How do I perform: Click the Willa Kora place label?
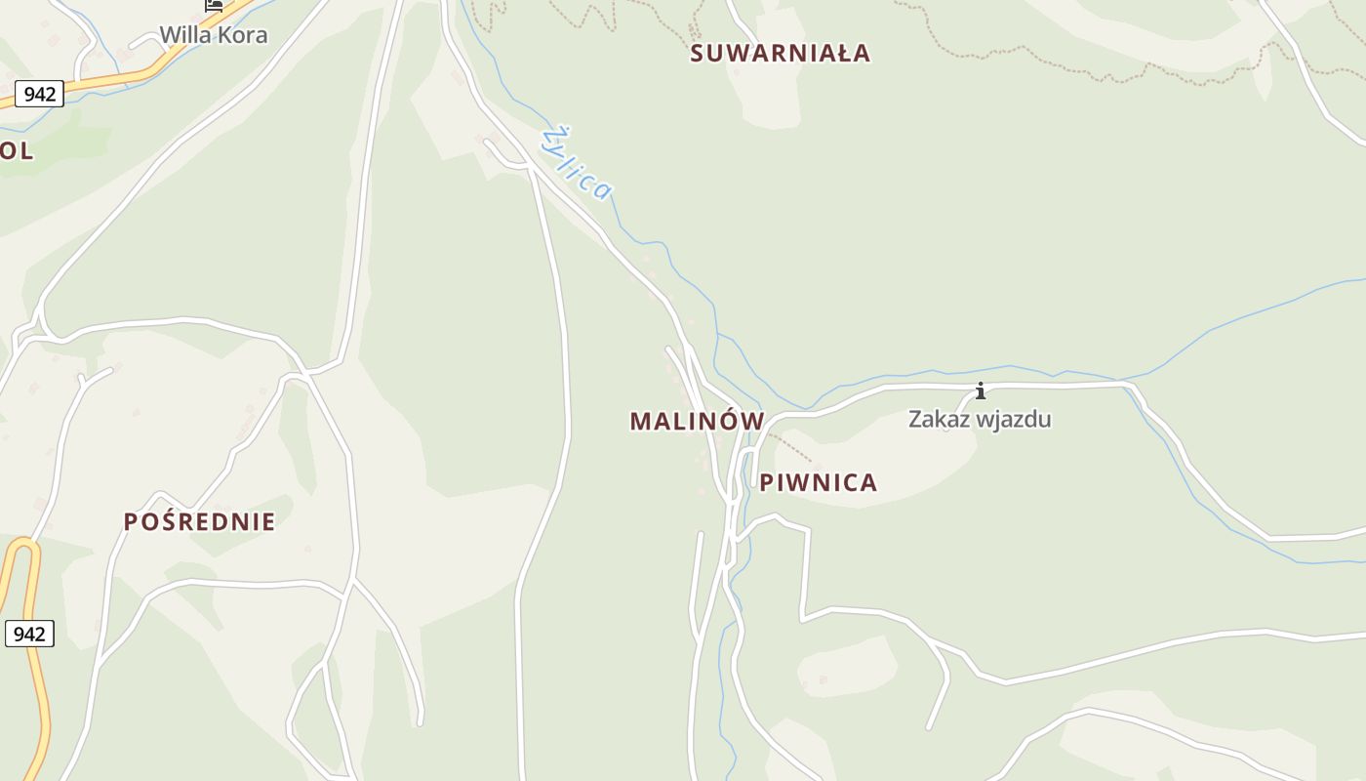point(213,35)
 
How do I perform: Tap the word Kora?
point(243,35)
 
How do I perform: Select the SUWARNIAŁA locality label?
point(780,53)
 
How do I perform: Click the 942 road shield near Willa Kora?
point(39,94)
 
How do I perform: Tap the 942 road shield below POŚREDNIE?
point(29,634)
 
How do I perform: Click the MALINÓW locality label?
point(697,421)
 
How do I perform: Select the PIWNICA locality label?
point(819,482)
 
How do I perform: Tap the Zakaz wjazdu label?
point(980,419)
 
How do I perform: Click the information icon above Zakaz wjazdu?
point(981,391)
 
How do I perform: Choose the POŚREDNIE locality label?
point(199,521)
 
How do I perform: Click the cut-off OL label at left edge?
point(17,150)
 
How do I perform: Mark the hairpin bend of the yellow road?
point(24,544)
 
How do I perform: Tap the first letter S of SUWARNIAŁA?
point(698,53)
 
